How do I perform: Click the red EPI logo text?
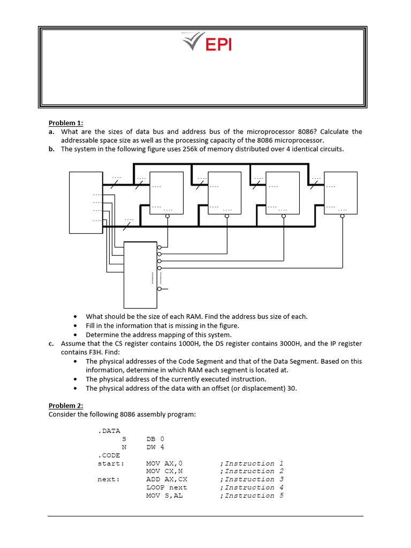pos(219,44)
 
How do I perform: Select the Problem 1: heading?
pos(66,123)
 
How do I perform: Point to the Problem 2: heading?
pos(66,406)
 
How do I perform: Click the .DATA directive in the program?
pos(109,430)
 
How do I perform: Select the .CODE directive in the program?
pos(109,455)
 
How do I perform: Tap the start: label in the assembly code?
pos(111,463)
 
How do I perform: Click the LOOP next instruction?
pos(166,488)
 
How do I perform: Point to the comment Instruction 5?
pos(254,496)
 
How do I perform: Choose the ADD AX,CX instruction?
pos(166,479)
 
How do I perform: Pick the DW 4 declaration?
pos(155,447)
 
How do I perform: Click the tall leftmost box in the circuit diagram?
pos(86,202)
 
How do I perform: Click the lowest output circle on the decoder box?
pos(159,289)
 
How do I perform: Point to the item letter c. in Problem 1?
pos(52,344)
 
